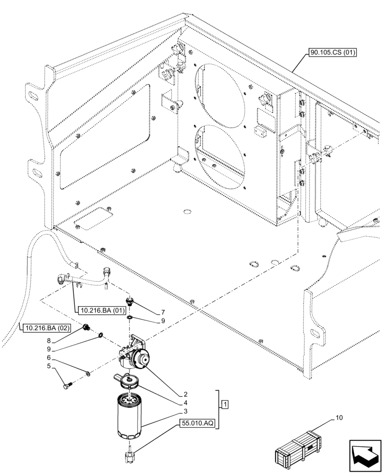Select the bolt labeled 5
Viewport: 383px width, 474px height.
pos(67,385)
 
